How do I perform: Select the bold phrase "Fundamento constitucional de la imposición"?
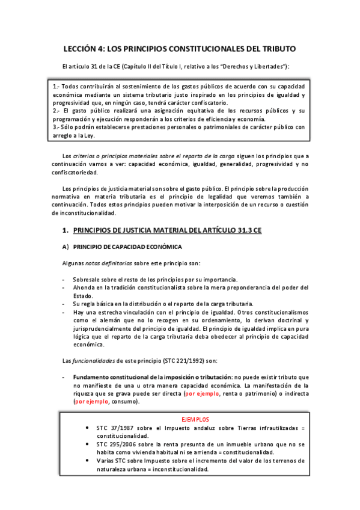pos(142,376)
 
